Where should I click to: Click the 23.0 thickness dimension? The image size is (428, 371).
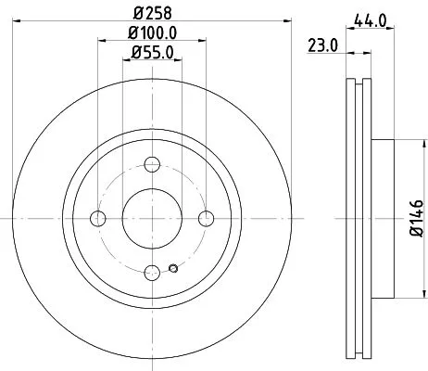(321, 43)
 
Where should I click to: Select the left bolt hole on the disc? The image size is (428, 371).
(97, 218)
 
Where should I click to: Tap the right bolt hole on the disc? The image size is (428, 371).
(207, 218)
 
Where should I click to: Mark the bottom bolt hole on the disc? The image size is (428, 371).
(152, 272)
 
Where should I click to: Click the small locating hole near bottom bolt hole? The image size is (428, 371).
(173, 270)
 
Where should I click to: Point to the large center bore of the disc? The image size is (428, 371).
(152, 218)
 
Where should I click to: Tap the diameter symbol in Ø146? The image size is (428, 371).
(417, 239)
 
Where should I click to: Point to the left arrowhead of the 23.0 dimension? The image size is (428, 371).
(346, 55)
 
